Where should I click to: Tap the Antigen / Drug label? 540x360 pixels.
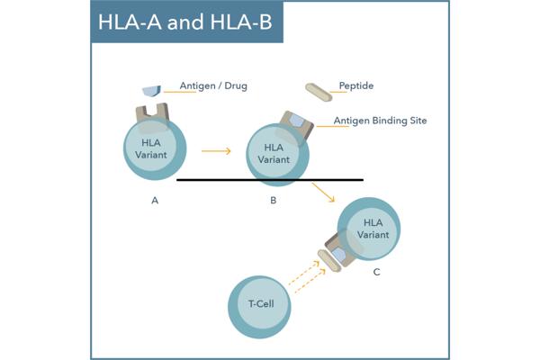click(213, 86)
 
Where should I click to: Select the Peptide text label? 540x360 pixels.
click(355, 86)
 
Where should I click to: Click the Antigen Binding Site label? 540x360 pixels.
click(380, 121)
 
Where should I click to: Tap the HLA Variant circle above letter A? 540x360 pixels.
click(155, 148)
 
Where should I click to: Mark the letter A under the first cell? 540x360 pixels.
click(155, 201)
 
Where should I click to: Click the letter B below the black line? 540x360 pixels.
click(273, 201)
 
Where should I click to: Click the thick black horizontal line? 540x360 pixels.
click(270, 180)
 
